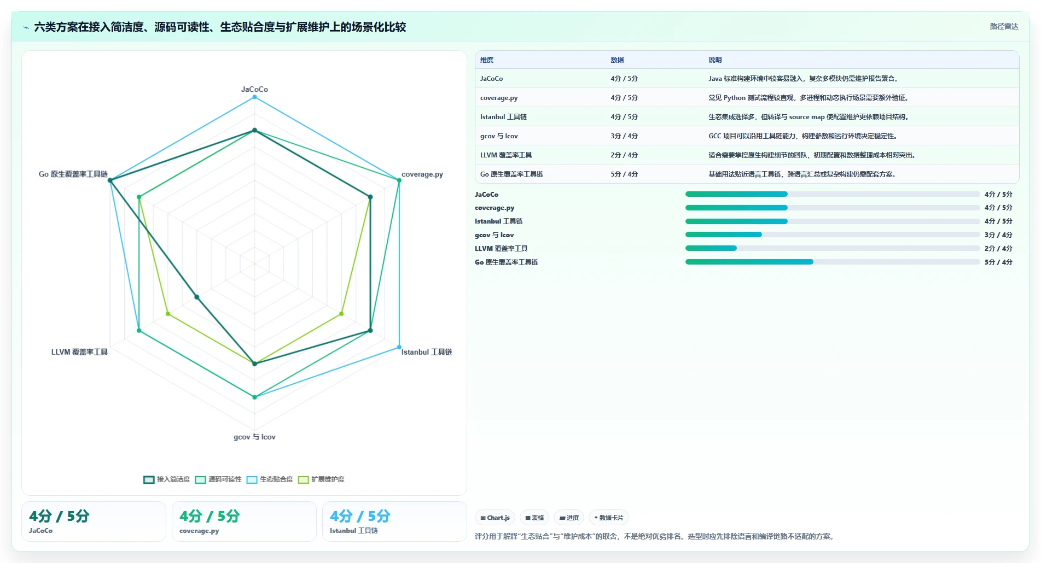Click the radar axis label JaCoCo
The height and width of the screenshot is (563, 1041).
(x=254, y=89)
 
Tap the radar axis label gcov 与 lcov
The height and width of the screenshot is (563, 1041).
(x=254, y=437)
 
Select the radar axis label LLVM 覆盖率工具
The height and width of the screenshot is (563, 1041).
(x=79, y=352)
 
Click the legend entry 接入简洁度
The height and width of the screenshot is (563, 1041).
(x=166, y=479)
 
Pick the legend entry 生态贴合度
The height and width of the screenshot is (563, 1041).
(x=270, y=479)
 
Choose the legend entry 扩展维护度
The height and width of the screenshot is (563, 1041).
(x=321, y=479)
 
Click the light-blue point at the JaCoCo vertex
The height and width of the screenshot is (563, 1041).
(x=254, y=97)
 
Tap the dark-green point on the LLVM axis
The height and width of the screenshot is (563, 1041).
(x=197, y=297)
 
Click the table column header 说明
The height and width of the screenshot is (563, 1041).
(x=715, y=60)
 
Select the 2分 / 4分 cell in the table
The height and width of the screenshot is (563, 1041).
(x=624, y=155)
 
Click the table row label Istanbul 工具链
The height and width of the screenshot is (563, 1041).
(x=503, y=117)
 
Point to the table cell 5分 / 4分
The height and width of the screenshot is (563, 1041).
(x=624, y=174)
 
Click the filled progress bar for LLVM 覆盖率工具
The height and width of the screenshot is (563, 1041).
(x=711, y=248)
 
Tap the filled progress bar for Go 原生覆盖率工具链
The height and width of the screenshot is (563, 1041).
(x=749, y=262)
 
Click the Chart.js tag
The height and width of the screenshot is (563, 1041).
(x=495, y=518)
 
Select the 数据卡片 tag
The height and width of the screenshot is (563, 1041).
(x=608, y=518)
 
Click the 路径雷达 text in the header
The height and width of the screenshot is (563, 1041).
(x=1004, y=26)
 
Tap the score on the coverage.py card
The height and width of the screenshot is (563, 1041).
(x=210, y=516)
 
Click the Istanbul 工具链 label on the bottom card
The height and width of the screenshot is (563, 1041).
(x=353, y=531)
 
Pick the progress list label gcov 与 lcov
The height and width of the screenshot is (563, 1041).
(x=494, y=235)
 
